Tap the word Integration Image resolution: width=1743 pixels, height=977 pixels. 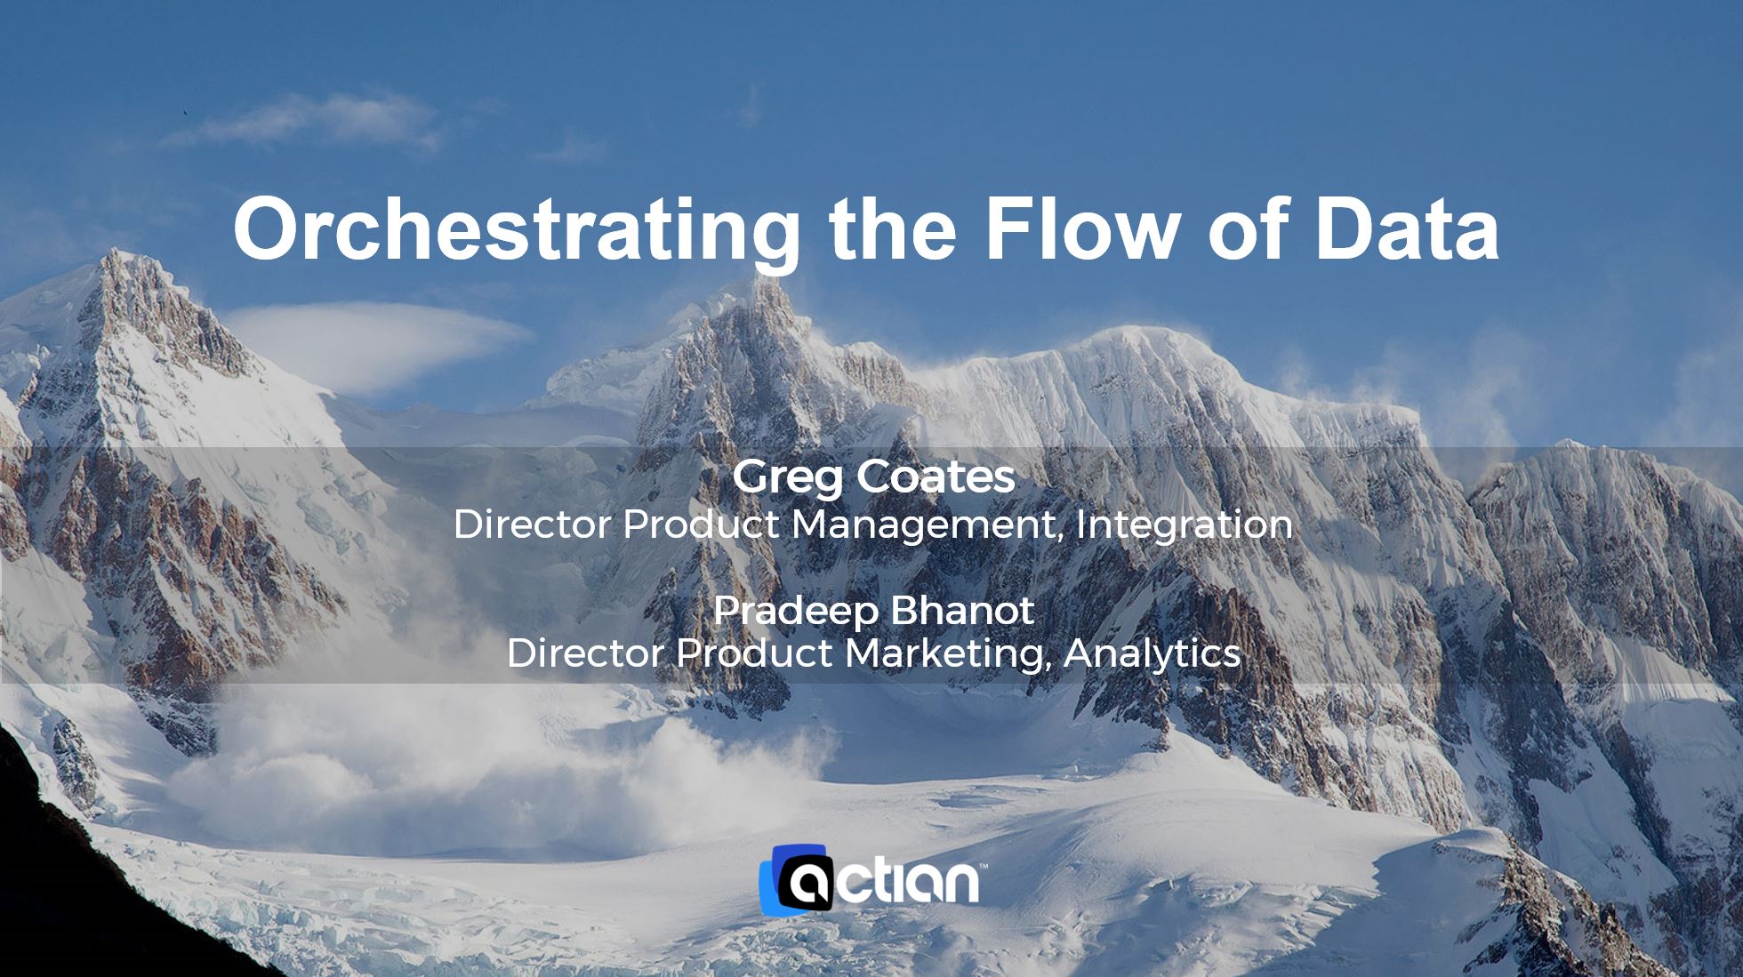[x=1185, y=525]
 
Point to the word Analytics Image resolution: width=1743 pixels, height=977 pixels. [x=1152, y=654]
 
